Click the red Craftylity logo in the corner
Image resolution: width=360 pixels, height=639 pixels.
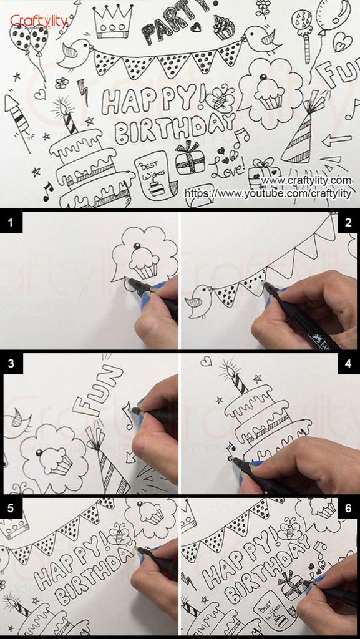pyautogui.click(x=38, y=21)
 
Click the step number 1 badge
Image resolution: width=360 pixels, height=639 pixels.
pyautogui.click(x=11, y=222)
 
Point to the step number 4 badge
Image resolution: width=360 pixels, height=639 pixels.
pyautogui.click(x=348, y=363)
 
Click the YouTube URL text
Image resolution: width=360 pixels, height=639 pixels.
pyautogui.click(x=268, y=194)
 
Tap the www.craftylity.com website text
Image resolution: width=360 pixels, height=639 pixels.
pyautogui.click(x=306, y=181)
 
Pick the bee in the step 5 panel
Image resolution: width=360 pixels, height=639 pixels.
pyautogui.click(x=119, y=534)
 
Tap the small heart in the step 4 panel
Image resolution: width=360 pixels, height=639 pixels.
pyautogui.click(x=207, y=361)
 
